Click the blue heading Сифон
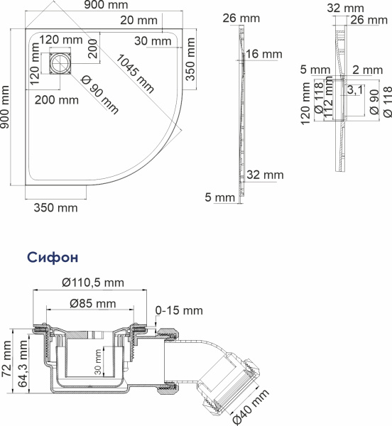click(53, 257)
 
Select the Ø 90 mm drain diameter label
click(99, 94)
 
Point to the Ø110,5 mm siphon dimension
click(93, 283)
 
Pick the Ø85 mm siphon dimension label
click(93, 303)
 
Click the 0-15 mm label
click(179, 310)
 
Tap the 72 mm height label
click(7, 359)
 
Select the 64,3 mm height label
click(23, 364)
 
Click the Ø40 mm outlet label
click(251, 407)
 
